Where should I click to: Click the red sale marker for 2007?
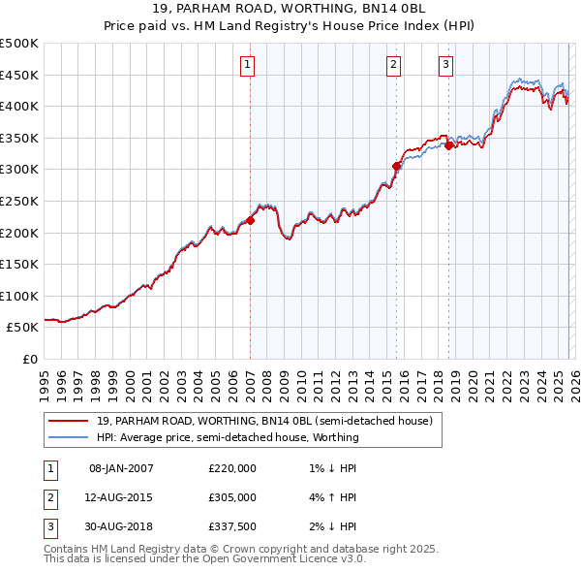point(250,220)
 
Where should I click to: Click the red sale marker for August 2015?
point(396,167)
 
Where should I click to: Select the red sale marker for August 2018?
point(449,145)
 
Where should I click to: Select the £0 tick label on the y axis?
point(30,359)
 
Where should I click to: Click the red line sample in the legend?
point(69,421)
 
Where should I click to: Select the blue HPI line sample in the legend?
point(69,437)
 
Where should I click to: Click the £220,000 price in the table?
point(232,468)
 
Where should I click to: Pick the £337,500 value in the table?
point(232,526)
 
